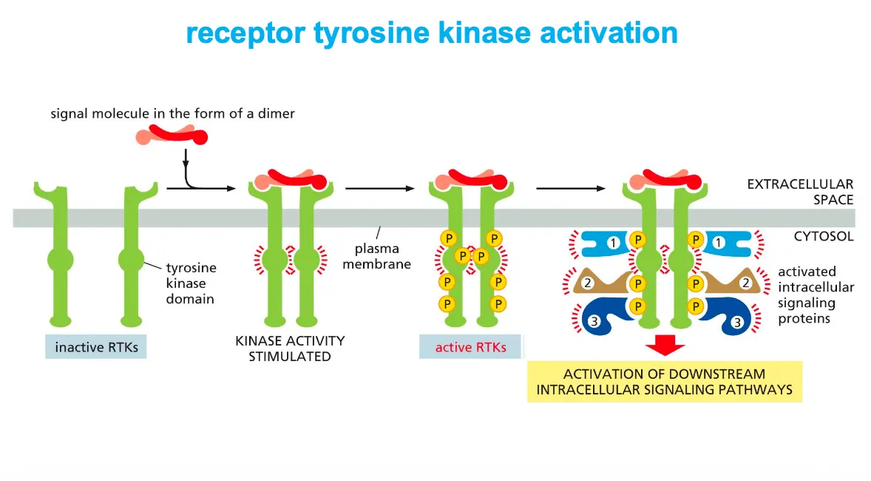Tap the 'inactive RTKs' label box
(x=96, y=346)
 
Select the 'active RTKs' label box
(x=470, y=346)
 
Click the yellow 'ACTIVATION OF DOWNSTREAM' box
(x=664, y=382)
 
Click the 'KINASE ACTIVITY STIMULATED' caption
(x=290, y=349)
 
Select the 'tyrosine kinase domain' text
(x=190, y=283)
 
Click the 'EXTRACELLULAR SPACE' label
(x=800, y=192)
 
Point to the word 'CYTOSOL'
(x=823, y=237)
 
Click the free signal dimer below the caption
(x=172, y=135)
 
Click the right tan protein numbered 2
(x=732, y=282)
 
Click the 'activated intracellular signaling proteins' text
(x=815, y=295)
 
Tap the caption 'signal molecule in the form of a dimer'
(x=172, y=113)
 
